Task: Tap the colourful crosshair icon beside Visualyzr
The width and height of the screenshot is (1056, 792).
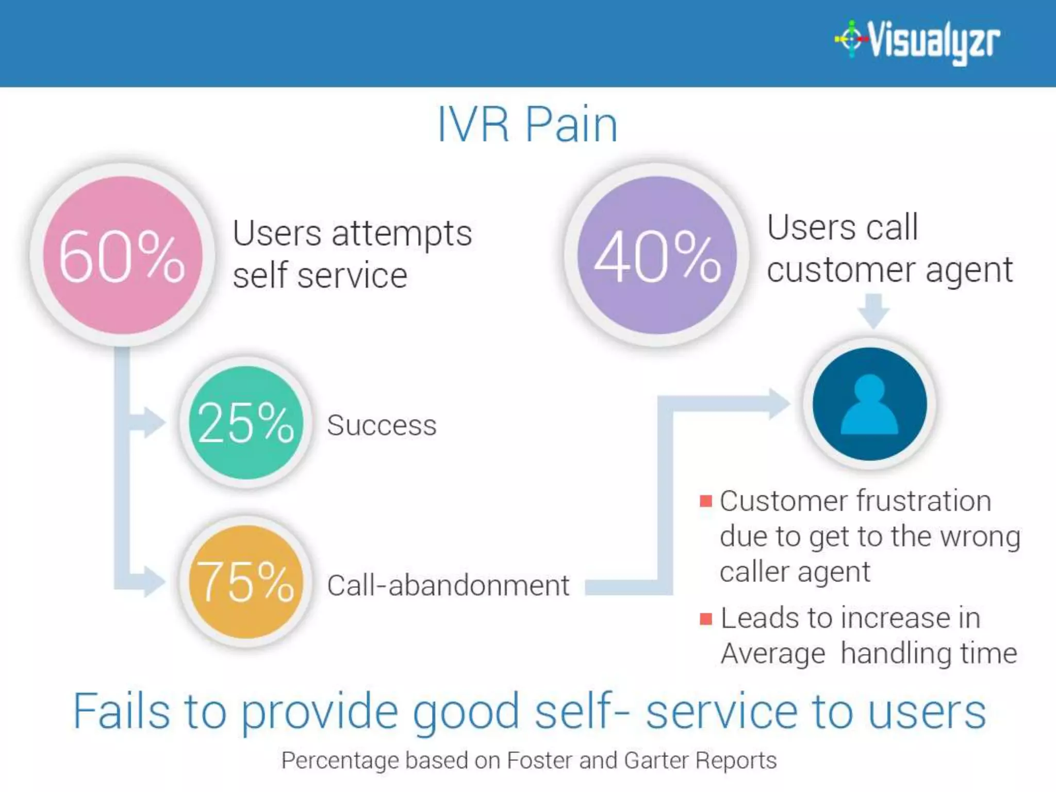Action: tap(851, 39)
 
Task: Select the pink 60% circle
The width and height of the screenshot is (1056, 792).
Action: tap(122, 255)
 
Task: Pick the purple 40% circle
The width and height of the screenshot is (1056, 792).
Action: tap(656, 255)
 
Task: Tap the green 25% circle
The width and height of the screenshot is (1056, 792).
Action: tap(245, 423)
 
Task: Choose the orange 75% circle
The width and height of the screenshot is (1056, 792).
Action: tap(245, 582)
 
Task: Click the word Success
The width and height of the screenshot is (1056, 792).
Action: tap(382, 425)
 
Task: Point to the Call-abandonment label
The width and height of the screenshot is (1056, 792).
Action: tap(448, 585)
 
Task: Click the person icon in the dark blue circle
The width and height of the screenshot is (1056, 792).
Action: tap(869, 404)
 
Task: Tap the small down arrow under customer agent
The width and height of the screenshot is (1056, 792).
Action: tap(873, 310)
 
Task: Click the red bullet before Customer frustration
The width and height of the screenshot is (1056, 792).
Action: tap(706, 501)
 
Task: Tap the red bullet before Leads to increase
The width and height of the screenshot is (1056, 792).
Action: tap(706, 618)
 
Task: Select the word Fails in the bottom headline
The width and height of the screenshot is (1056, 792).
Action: tap(121, 712)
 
